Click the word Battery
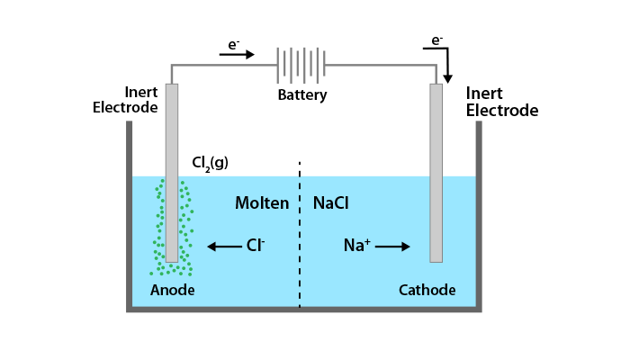[301, 95]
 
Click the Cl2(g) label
[210, 162]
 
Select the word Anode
[172, 290]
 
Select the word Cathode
[427, 290]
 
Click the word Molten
[262, 203]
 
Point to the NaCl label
[330, 203]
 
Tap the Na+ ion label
[357, 245]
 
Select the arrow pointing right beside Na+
[394, 246]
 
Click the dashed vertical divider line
[300, 234]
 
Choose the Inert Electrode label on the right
[501, 102]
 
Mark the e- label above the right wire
[436, 40]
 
